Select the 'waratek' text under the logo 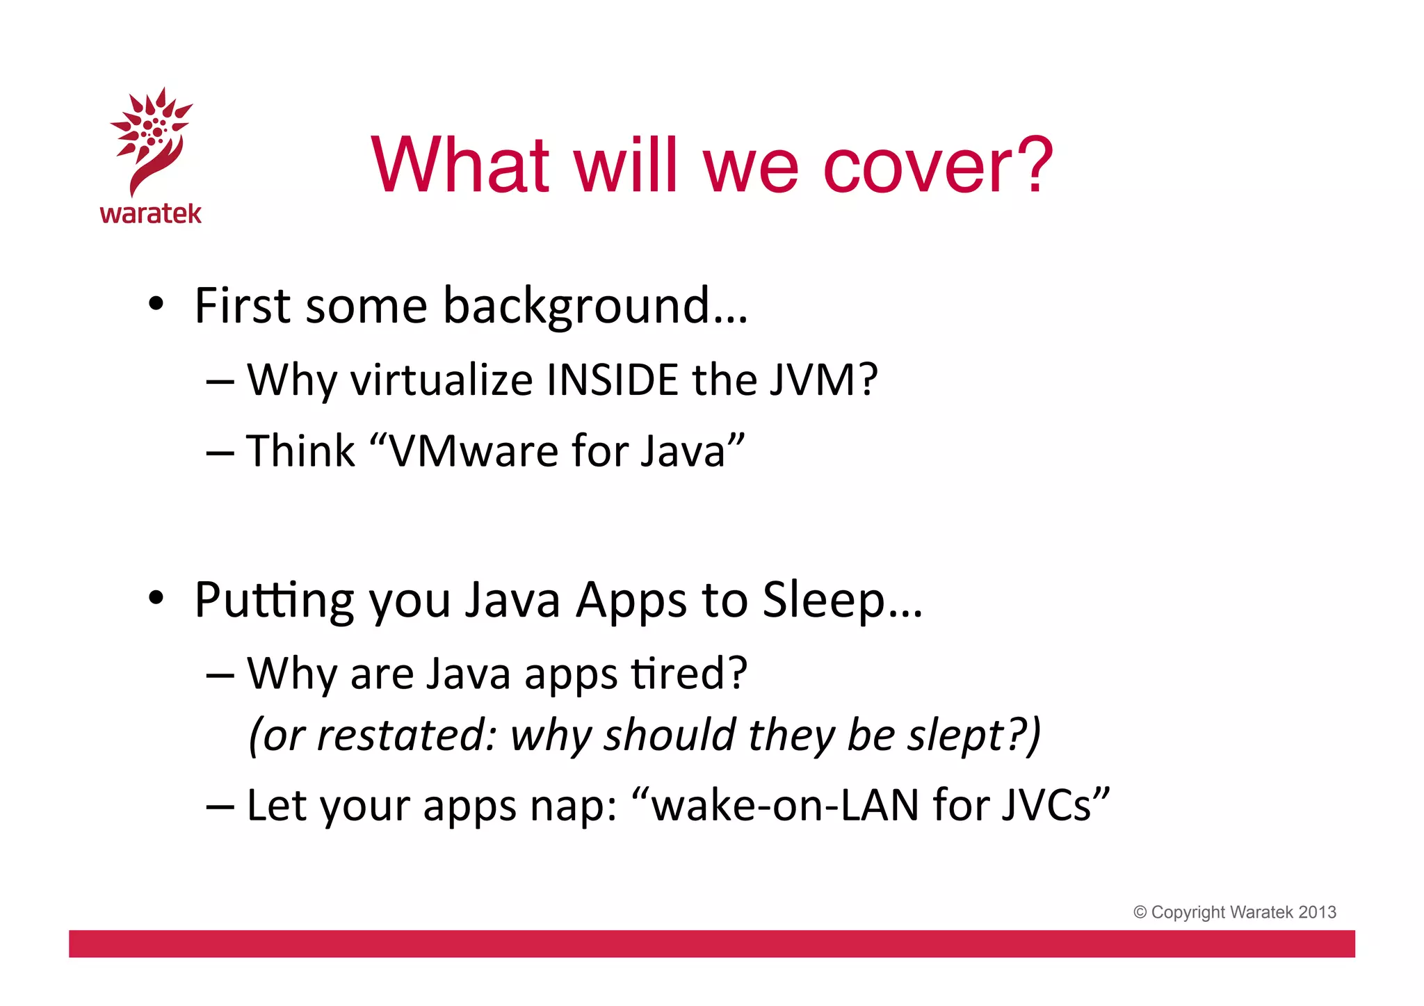(151, 213)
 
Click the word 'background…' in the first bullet (595, 307)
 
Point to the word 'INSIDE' (612, 380)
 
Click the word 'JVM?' (823, 380)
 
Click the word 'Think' (300, 451)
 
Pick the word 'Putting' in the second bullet (273, 600)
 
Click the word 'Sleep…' (842, 600)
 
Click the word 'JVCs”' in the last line (1055, 806)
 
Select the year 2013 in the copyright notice (1317, 912)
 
